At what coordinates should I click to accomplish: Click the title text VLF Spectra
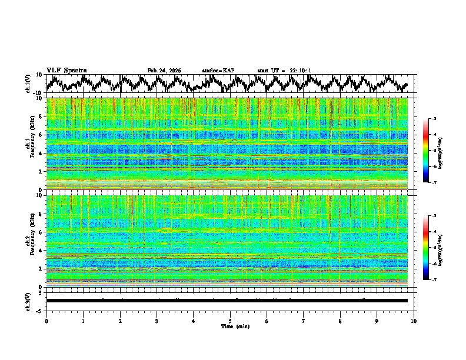pos(66,70)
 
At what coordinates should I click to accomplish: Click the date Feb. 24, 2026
pos(164,71)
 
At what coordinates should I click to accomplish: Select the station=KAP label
pos(218,71)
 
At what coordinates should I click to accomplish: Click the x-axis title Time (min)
pos(230,326)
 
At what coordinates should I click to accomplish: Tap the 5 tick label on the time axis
pos(230,321)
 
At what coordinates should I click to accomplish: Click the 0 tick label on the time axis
pos(46,321)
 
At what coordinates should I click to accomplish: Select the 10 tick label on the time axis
pos(414,321)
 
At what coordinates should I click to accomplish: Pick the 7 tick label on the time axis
pos(304,321)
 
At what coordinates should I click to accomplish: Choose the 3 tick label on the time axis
pos(157,321)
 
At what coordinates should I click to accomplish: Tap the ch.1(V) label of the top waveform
pos(28,84)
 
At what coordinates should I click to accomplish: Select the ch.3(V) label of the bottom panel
pos(28,301)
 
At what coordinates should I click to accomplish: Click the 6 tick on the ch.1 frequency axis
pos(41,135)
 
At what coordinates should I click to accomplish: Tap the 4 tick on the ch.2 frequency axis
pos(41,251)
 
